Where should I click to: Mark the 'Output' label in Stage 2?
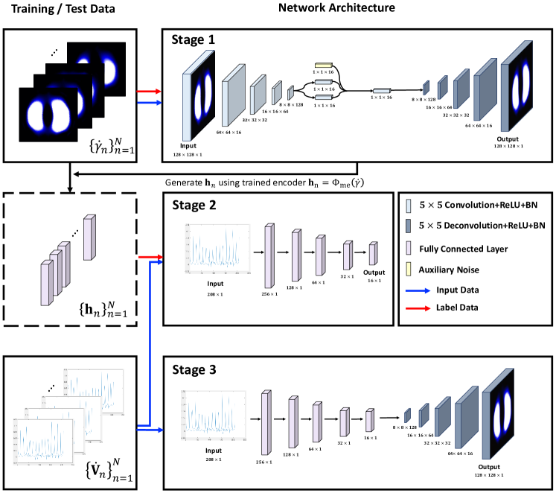click(x=373, y=273)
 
